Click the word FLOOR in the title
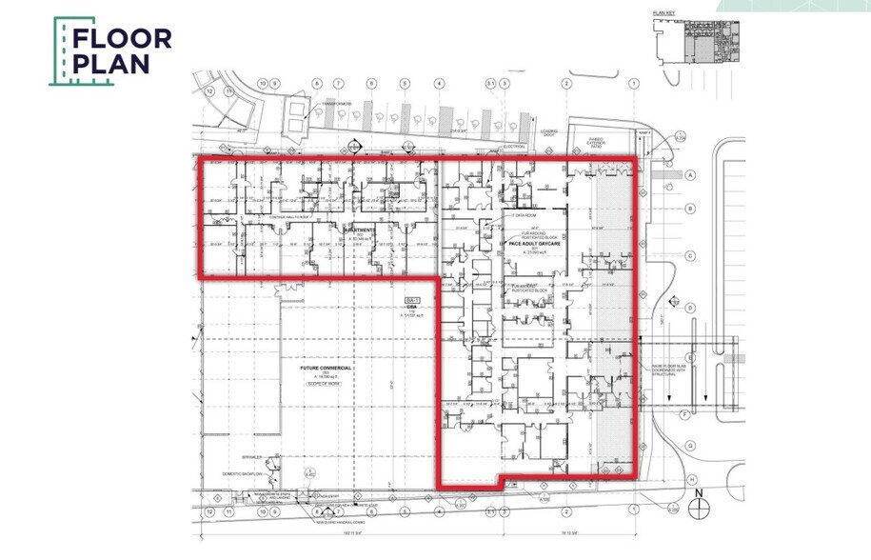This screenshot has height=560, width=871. [122, 39]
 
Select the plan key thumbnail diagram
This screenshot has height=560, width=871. [699, 38]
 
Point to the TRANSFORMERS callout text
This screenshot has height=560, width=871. [335, 103]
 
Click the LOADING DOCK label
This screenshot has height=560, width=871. [549, 134]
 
